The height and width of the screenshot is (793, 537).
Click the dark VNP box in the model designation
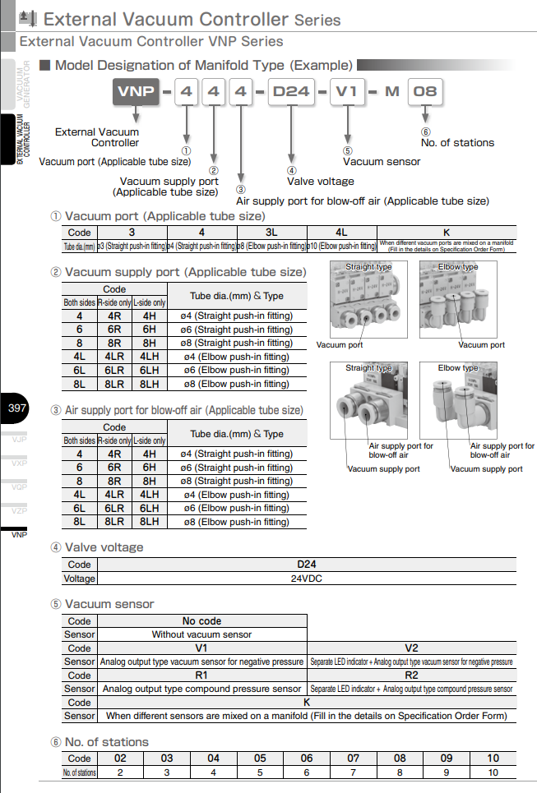click(x=136, y=91)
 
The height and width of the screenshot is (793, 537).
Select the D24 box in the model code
click(x=290, y=91)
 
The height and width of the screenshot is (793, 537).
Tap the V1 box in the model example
click(x=346, y=91)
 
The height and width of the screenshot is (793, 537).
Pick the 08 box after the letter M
click(x=424, y=91)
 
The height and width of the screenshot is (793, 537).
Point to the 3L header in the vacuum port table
click(x=271, y=233)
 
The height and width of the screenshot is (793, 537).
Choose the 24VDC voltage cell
click(x=307, y=579)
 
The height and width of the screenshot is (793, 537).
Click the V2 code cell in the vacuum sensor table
click(x=411, y=648)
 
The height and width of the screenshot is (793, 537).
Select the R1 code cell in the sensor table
click(x=201, y=675)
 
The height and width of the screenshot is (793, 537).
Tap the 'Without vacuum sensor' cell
click(x=201, y=634)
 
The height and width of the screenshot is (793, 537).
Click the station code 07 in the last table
click(x=353, y=758)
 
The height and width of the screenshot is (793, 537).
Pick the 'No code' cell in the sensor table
click(x=201, y=621)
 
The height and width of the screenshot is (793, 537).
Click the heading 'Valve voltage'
click(x=104, y=547)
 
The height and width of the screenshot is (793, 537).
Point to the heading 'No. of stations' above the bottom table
click(x=106, y=742)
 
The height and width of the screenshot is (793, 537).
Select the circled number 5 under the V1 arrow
click(x=347, y=150)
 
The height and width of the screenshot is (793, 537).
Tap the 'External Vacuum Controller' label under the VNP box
click(x=97, y=137)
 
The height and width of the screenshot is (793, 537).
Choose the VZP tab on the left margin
click(x=18, y=510)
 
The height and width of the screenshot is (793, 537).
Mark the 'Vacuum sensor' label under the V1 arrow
click(x=381, y=161)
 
